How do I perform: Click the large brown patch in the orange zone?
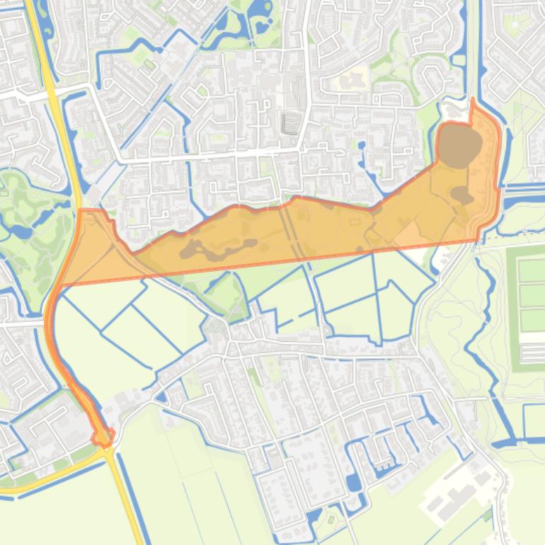[x=458, y=145]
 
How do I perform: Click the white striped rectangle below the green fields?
[x=532, y=351]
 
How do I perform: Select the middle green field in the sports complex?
[x=531, y=294]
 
